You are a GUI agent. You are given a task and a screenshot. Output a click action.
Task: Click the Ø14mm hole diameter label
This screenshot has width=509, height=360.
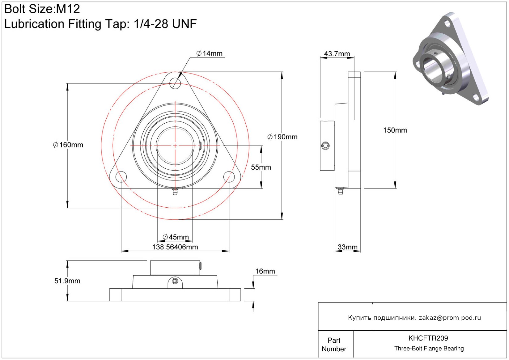[x=210, y=53]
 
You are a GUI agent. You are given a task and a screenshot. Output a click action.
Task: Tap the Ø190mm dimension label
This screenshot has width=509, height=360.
[x=282, y=137]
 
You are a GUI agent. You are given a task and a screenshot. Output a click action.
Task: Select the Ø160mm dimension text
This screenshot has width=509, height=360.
[x=68, y=145]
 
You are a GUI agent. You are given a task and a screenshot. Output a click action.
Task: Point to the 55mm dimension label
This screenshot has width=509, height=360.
[x=261, y=167]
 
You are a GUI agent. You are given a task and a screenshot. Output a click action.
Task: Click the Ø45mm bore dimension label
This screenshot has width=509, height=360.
[x=176, y=237]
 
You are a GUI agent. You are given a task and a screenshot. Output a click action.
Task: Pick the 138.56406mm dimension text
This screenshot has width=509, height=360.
[x=175, y=247]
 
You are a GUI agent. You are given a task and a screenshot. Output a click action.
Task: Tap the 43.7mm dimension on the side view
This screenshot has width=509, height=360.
[x=337, y=54]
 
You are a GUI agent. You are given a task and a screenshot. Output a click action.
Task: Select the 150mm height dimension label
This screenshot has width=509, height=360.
[x=395, y=130]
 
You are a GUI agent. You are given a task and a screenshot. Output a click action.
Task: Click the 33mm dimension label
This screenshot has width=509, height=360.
[x=347, y=247]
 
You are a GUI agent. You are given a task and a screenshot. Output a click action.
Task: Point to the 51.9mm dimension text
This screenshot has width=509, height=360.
[x=67, y=281]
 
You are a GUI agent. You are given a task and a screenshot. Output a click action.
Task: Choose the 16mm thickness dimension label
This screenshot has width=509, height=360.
[x=265, y=271]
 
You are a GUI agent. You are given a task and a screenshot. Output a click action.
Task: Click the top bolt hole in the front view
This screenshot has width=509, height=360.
[x=175, y=83]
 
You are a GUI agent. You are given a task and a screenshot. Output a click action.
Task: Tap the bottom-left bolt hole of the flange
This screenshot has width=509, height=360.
[x=121, y=177]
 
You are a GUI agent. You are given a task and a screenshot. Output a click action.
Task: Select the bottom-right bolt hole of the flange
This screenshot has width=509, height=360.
[x=229, y=177]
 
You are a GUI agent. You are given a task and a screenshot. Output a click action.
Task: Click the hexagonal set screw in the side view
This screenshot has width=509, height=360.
[x=325, y=146]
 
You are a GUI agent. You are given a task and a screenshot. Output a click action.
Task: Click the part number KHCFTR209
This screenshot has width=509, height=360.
[x=428, y=338]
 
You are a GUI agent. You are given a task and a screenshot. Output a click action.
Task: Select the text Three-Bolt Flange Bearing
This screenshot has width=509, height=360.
[x=429, y=349]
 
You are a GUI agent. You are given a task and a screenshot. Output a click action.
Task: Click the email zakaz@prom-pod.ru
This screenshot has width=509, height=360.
[x=450, y=318]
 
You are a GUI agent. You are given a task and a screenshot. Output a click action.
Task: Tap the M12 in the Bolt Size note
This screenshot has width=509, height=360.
[x=68, y=9]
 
